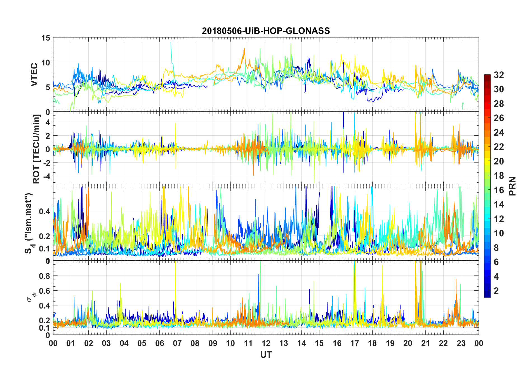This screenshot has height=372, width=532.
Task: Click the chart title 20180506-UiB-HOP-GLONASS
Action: click(x=266, y=31)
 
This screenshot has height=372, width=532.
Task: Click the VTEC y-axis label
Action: click(x=34, y=75)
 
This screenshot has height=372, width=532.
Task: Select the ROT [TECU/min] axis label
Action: click(x=36, y=149)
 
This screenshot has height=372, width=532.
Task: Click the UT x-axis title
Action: click(x=266, y=355)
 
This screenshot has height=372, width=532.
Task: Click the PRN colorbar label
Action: click(x=512, y=186)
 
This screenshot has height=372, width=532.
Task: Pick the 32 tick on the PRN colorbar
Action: click(x=499, y=75)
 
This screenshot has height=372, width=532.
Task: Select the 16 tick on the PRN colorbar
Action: click(x=499, y=190)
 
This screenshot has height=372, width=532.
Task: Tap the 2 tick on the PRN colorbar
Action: click(x=496, y=291)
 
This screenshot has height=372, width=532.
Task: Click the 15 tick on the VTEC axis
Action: click(x=46, y=38)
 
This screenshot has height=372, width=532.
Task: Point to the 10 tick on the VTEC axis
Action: click(x=46, y=62)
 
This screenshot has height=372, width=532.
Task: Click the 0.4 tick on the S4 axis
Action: click(x=44, y=211)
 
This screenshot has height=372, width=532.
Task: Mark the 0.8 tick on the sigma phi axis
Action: click(x=44, y=276)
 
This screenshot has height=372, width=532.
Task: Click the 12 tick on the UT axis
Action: click(x=266, y=343)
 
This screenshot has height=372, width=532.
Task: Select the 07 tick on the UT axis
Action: click(x=177, y=343)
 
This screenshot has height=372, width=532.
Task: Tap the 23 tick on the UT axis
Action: click(x=461, y=343)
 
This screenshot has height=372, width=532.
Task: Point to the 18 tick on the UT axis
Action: click(x=372, y=343)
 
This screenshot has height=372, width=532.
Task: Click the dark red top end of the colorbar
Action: click(x=487, y=76)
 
